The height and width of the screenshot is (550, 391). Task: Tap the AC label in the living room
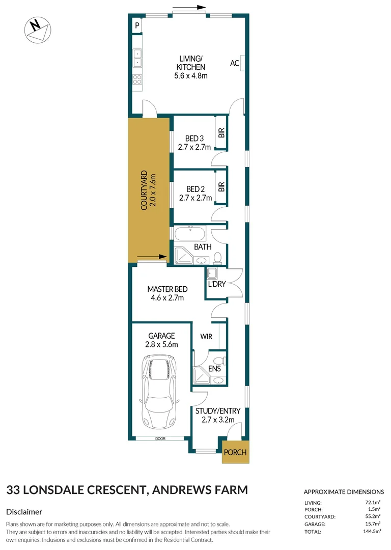click(235, 63)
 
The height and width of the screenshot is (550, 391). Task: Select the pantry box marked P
click(137, 25)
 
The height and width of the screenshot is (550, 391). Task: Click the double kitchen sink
click(137, 58)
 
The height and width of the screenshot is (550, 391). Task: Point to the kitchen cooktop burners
click(137, 79)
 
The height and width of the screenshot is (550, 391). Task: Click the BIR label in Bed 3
click(221, 133)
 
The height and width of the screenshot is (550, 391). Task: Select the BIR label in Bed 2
click(221, 186)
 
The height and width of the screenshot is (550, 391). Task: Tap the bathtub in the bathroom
click(190, 235)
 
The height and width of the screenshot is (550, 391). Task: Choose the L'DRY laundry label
click(216, 284)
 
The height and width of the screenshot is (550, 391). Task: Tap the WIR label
click(206, 336)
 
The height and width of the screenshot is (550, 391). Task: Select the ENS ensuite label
click(214, 369)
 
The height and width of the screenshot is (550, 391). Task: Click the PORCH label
click(236, 452)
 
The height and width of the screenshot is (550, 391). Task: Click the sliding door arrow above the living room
click(193, 8)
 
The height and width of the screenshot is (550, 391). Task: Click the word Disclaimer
click(24, 511)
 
